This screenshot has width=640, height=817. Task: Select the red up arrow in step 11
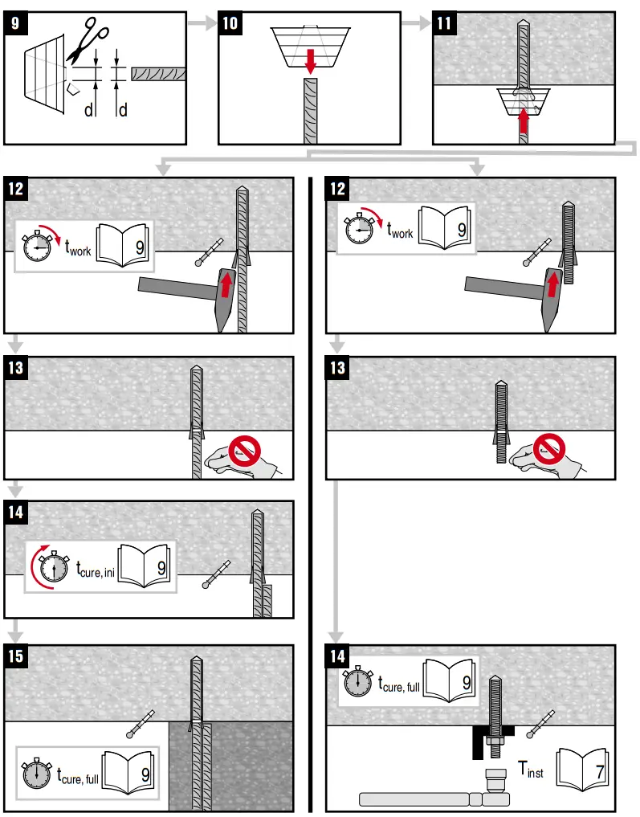pyautogui.click(x=524, y=121)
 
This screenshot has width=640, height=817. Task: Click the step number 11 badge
pyautogui.click(x=445, y=23)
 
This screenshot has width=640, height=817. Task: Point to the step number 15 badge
pyautogui.click(x=17, y=656)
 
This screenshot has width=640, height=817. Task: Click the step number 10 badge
pyautogui.click(x=230, y=23)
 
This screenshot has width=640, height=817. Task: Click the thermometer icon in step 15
pyautogui.click(x=141, y=722)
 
